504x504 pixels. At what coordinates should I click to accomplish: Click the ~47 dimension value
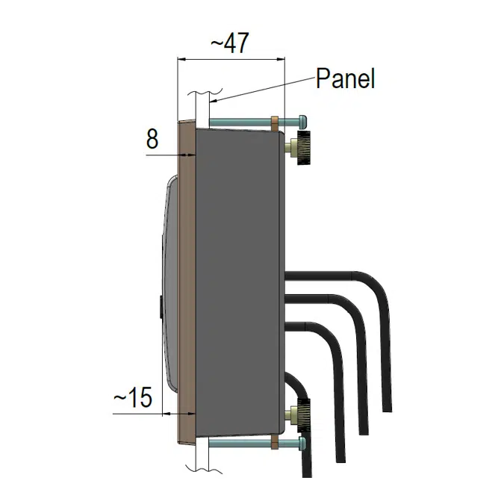coord(228,44)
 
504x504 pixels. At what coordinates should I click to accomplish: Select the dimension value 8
coord(152,139)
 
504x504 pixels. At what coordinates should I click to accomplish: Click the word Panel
coord(345,78)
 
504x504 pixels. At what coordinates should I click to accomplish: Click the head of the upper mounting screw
coord(302,120)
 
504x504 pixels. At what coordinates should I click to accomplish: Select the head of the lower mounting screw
coord(302,444)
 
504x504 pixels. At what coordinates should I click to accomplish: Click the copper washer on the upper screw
coord(276,121)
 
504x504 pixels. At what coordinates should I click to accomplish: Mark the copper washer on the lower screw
coord(276,444)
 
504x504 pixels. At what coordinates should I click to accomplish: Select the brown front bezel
coord(185,284)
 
